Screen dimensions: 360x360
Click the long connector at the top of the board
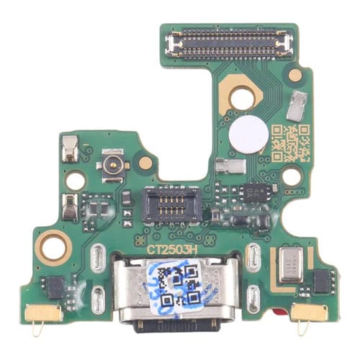point(229,42)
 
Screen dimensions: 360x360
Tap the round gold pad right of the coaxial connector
point(145,163)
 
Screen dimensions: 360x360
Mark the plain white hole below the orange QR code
point(291,176)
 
